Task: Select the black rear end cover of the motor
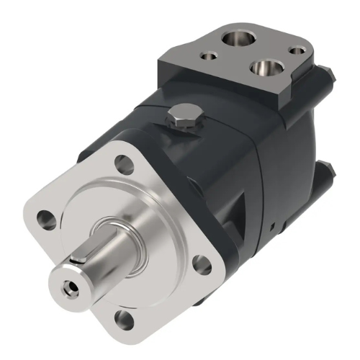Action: click(x=288, y=166)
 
